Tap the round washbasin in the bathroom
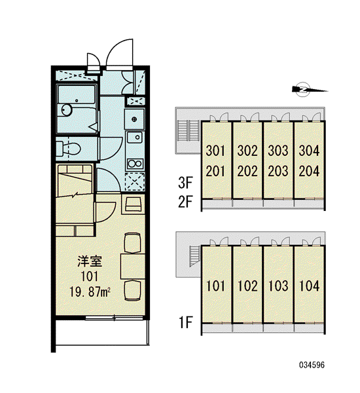click(67, 110)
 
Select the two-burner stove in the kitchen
click(135, 164)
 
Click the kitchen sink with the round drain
click(135, 137)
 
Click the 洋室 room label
click(90, 261)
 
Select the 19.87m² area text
click(90, 292)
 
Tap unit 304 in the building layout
click(309, 151)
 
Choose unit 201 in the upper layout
click(215, 171)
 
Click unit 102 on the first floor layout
click(247, 286)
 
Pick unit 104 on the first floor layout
click(310, 286)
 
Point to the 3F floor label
click(185, 183)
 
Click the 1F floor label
click(185, 322)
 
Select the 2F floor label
click(185, 202)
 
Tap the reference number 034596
click(312, 365)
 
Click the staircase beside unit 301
click(188, 130)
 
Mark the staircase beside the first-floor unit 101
click(194, 255)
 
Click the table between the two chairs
click(133, 266)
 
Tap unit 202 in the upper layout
click(247, 171)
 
